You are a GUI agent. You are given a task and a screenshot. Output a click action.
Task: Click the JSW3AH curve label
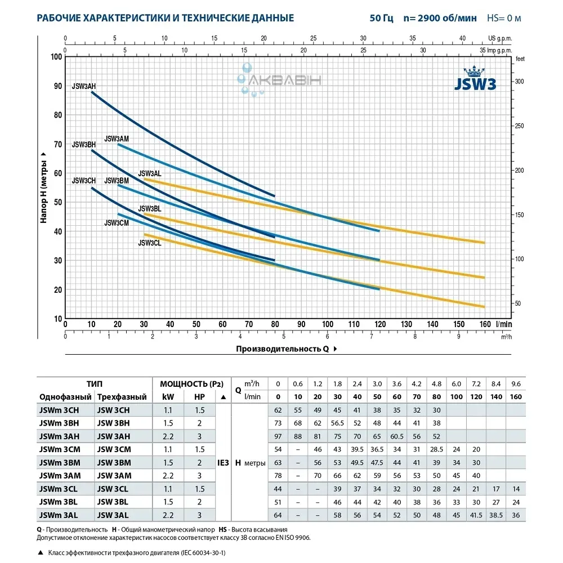coord(84,86)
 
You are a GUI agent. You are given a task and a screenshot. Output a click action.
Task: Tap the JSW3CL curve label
coord(150,243)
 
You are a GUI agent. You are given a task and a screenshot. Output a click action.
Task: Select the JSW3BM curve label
coord(117,181)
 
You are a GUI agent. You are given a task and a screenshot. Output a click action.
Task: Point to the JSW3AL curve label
coord(150,173)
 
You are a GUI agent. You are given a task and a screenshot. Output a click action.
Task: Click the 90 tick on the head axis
coord(57,86)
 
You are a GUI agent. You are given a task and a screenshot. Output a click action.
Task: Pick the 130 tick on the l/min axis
coord(406,324)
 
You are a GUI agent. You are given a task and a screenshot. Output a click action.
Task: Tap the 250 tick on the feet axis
coord(524,126)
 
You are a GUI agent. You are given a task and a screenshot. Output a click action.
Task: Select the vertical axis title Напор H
coord(44,187)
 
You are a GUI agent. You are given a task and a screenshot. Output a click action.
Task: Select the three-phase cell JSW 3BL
coord(114,501)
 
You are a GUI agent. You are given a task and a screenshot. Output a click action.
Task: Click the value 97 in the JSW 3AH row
coord(278,436)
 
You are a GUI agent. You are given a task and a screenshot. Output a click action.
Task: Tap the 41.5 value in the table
coord(476,514)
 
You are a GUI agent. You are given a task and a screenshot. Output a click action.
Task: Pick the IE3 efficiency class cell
coord(222,462)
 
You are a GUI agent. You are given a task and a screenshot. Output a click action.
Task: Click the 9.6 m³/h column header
coord(515,384)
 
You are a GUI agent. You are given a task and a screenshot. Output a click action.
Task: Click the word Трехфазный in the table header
coord(122,397)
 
